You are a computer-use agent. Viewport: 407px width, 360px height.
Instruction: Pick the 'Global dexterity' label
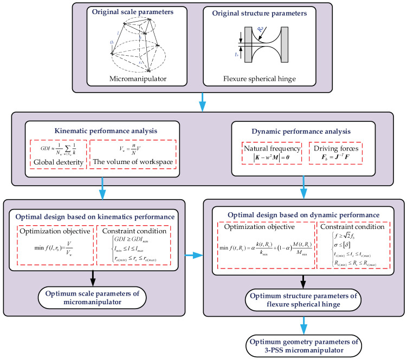56,161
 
